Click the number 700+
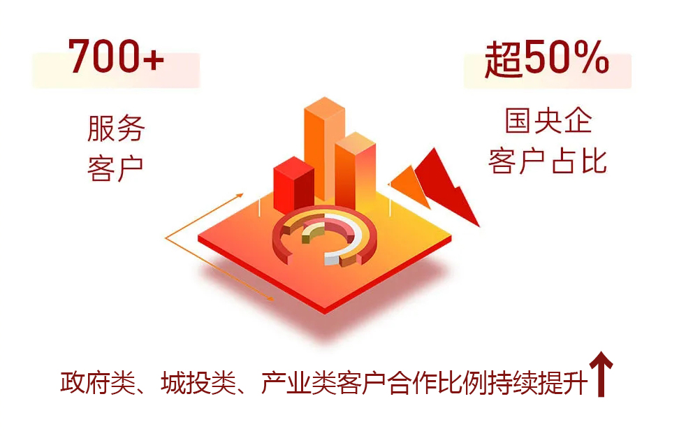tap(116, 56)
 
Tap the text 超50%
tap(546, 59)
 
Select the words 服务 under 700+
tap(116, 129)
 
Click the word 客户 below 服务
tap(116, 168)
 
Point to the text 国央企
tap(548, 121)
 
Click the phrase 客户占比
tap(548, 161)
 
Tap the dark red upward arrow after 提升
tap(601, 374)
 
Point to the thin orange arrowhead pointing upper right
tap(239, 196)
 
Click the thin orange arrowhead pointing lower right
tap(270, 298)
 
